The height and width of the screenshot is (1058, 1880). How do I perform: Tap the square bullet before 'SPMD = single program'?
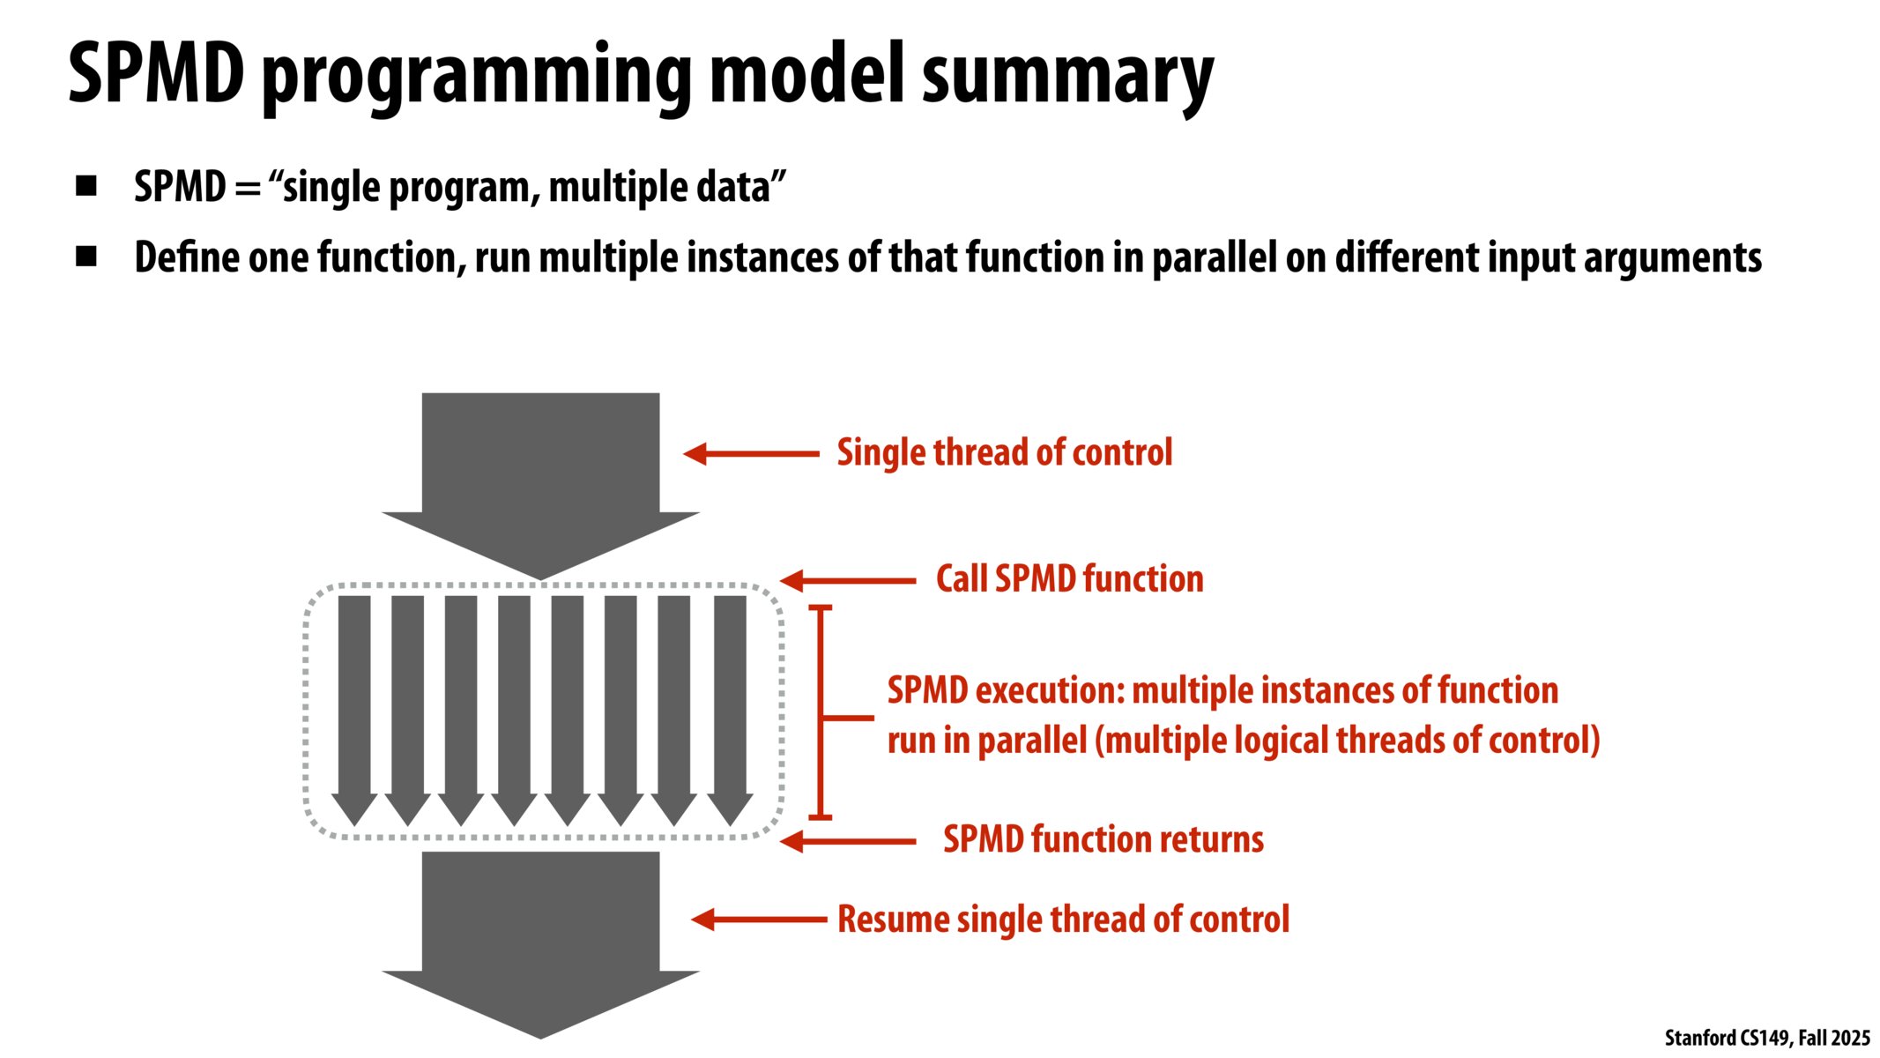(86, 186)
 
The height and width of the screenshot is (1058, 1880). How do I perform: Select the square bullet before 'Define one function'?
(86, 257)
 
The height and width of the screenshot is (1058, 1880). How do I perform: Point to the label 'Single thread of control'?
(1004, 453)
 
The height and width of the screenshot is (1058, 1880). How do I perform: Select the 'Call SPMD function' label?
(1069, 579)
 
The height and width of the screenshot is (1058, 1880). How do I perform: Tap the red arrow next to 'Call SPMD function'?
(847, 580)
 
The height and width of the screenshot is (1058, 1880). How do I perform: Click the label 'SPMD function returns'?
(1103, 839)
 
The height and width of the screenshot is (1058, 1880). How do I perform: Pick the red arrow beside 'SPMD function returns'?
(847, 842)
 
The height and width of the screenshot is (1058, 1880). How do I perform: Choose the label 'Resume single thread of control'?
(1063, 920)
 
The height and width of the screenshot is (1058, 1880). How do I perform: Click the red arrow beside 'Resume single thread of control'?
(758, 920)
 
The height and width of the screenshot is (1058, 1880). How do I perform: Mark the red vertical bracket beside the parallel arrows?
(821, 712)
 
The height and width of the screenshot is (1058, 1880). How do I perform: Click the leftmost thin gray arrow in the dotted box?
(354, 705)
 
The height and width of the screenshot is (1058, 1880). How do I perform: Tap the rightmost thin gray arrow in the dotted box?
(730, 705)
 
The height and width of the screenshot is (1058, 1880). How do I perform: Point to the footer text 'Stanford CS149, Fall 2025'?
(1766, 1038)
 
